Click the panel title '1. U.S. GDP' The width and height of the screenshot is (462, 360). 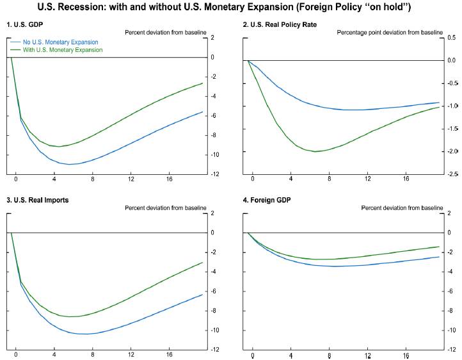[x=22, y=24]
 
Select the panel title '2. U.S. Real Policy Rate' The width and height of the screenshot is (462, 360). [x=281, y=24]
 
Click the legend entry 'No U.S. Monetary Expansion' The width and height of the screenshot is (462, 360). [x=58, y=42]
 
